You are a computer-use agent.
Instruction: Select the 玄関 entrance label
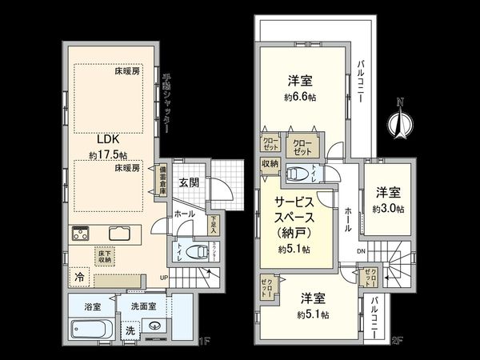tap(189, 182)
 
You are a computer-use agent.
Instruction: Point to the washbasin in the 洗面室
tap(154, 326)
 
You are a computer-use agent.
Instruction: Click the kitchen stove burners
tap(82, 234)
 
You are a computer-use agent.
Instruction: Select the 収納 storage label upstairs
tap(269, 163)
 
